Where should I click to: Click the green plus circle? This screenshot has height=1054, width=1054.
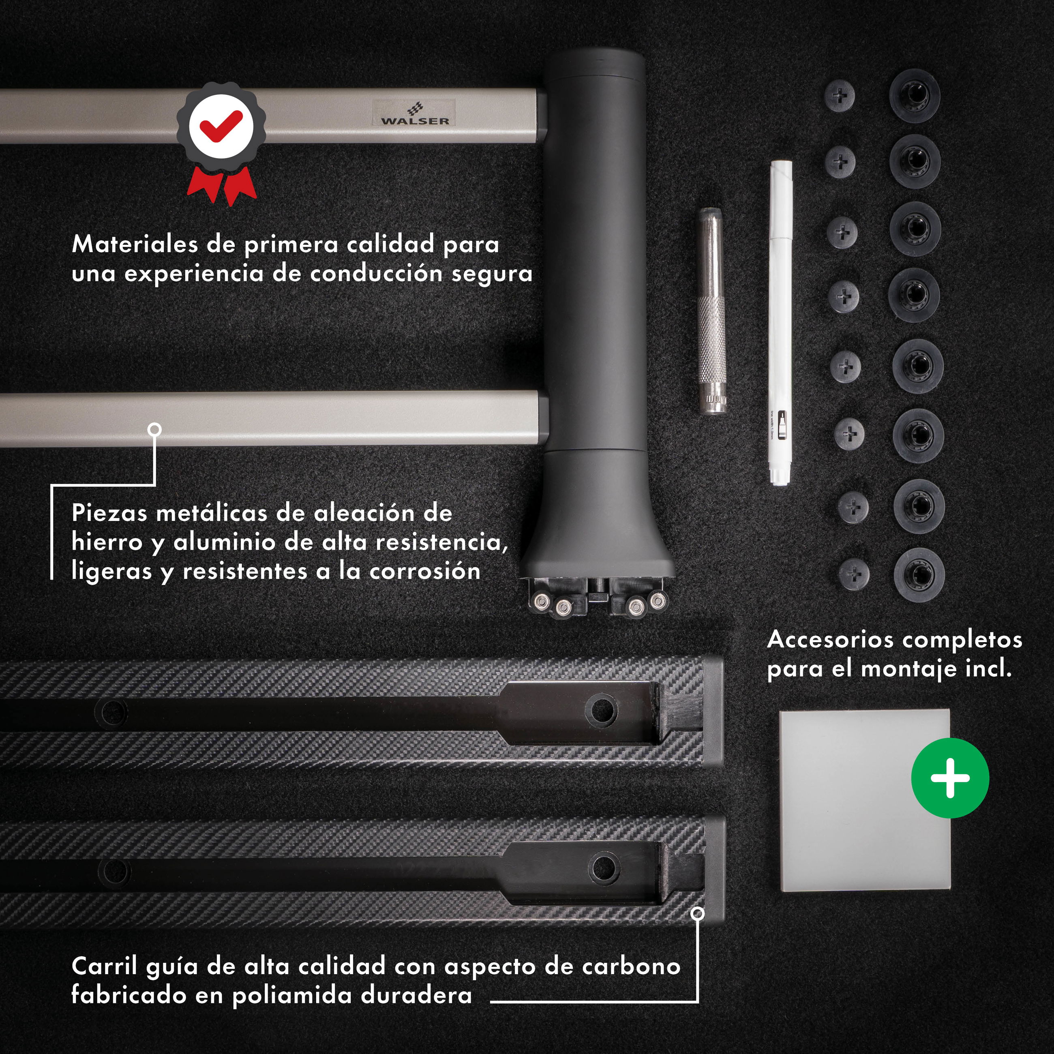tap(950, 778)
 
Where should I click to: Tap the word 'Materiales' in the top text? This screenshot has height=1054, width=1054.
tap(135, 244)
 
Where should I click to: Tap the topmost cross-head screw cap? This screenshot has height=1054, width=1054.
tap(840, 96)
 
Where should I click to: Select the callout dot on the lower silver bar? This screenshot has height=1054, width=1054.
tap(154, 429)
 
